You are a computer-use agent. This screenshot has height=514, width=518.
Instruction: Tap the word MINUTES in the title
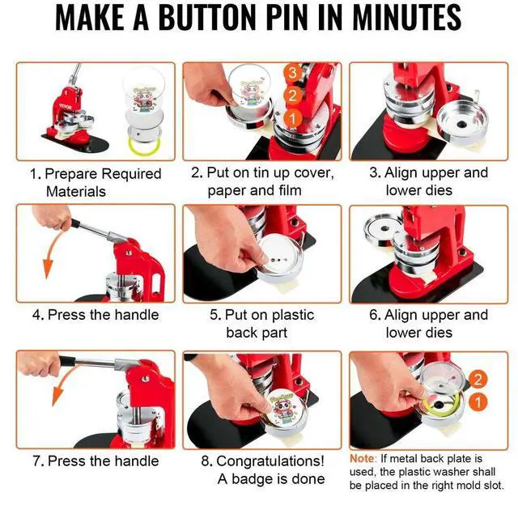[x=407, y=17]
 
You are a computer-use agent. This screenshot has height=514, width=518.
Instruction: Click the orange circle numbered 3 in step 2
[x=293, y=72]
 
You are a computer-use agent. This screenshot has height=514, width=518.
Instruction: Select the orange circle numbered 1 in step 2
[x=293, y=119]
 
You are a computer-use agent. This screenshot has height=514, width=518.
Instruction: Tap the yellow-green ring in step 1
[x=144, y=146]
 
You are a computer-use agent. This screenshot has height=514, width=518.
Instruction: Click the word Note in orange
[x=362, y=459]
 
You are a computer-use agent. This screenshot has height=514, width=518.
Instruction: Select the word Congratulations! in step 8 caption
[x=263, y=461]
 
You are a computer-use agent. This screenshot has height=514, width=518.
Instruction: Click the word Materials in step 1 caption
[x=76, y=192]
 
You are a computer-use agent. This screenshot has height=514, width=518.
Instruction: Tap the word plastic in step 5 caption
[x=293, y=315]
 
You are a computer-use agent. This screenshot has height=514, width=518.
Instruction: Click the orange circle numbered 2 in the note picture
[x=478, y=379]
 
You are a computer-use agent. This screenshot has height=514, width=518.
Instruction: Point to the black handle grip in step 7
[x=66, y=361]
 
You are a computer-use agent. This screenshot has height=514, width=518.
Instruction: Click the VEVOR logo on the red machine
[x=65, y=107]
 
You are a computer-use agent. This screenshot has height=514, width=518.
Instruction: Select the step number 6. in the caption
[x=375, y=315]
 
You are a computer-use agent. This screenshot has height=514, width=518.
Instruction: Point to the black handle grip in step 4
[x=75, y=223]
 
